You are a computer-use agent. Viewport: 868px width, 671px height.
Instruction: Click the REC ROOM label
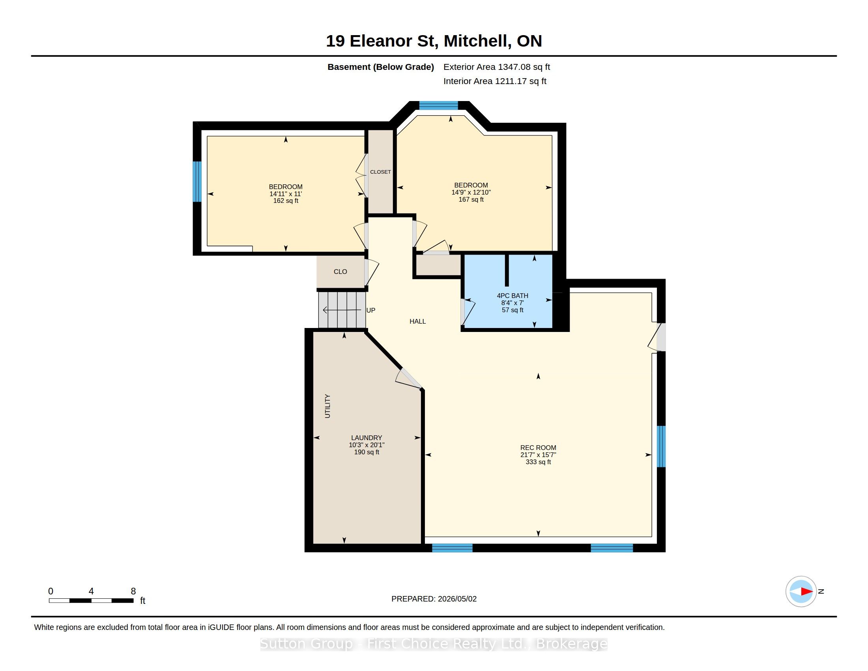(538, 448)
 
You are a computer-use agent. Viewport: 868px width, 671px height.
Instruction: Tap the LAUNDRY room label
(367, 438)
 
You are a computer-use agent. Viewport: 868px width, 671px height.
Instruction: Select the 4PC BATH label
(512, 296)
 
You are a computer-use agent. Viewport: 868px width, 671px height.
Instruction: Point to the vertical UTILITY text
(327, 406)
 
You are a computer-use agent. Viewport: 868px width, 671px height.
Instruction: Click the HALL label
(418, 321)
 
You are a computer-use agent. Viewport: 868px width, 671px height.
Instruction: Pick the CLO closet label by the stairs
(340, 272)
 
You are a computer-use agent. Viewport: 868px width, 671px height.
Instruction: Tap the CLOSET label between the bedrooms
(380, 172)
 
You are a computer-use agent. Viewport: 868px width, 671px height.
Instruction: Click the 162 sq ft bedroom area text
(286, 201)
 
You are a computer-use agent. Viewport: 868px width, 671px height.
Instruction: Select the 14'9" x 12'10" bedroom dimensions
(471, 192)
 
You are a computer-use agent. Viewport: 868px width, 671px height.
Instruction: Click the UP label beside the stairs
(371, 311)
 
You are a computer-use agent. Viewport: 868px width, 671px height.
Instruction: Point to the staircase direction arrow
(342, 310)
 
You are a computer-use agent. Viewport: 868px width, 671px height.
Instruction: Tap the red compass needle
(807, 592)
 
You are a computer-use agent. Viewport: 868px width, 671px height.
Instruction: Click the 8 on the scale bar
(133, 591)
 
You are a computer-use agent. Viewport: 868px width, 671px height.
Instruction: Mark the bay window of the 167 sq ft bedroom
(439, 105)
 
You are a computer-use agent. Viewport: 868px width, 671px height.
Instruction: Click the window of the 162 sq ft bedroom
(197, 182)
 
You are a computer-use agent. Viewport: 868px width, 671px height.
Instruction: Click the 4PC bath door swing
(468, 312)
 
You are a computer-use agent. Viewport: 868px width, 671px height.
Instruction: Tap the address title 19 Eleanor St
(380, 41)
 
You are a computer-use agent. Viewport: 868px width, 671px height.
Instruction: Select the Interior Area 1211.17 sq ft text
(495, 81)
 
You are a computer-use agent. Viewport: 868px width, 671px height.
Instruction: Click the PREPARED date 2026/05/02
(457, 599)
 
